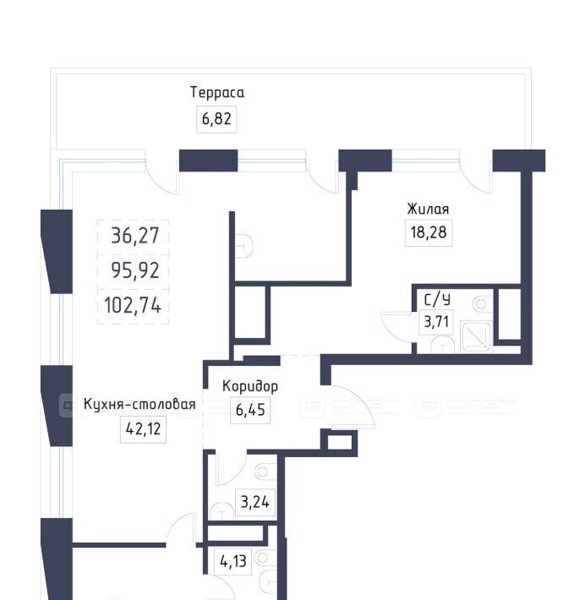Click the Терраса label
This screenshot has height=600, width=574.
[217, 93]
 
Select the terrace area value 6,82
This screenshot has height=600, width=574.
[216, 119]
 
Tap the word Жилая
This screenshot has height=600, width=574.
[428, 209]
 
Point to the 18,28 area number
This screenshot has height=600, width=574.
[429, 232]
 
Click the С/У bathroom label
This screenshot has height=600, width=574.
[437, 299]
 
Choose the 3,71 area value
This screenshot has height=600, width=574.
[436, 321]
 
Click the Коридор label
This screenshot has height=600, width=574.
[250, 386]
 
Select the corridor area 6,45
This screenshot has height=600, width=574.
[250, 410]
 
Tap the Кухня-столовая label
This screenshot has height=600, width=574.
[139, 404]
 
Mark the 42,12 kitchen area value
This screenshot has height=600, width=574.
[143, 429]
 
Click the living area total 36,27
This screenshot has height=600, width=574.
[134, 235]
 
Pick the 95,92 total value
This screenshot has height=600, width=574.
[134, 270]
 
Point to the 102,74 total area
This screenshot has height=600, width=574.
[133, 306]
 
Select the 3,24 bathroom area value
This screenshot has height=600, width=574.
[254, 502]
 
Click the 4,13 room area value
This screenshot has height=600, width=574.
[233, 561]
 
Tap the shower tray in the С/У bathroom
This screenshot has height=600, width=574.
[476, 335]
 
